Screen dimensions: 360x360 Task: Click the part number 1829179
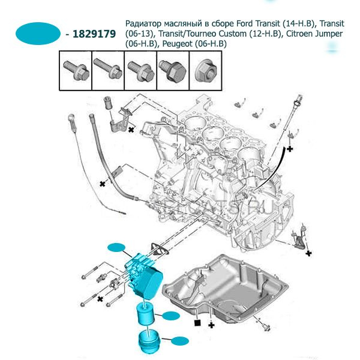click(x=94, y=34)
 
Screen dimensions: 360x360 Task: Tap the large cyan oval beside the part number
click(x=37, y=34)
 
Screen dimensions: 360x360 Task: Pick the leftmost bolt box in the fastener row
click(x=75, y=70)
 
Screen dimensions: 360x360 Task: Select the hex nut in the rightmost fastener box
click(x=204, y=70)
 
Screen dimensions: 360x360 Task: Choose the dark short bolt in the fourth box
click(x=172, y=70)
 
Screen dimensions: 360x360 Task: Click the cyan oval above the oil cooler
click(x=116, y=247)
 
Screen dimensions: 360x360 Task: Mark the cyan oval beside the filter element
click(x=171, y=315)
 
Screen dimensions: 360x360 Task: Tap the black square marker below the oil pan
click(x=197, y=323)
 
